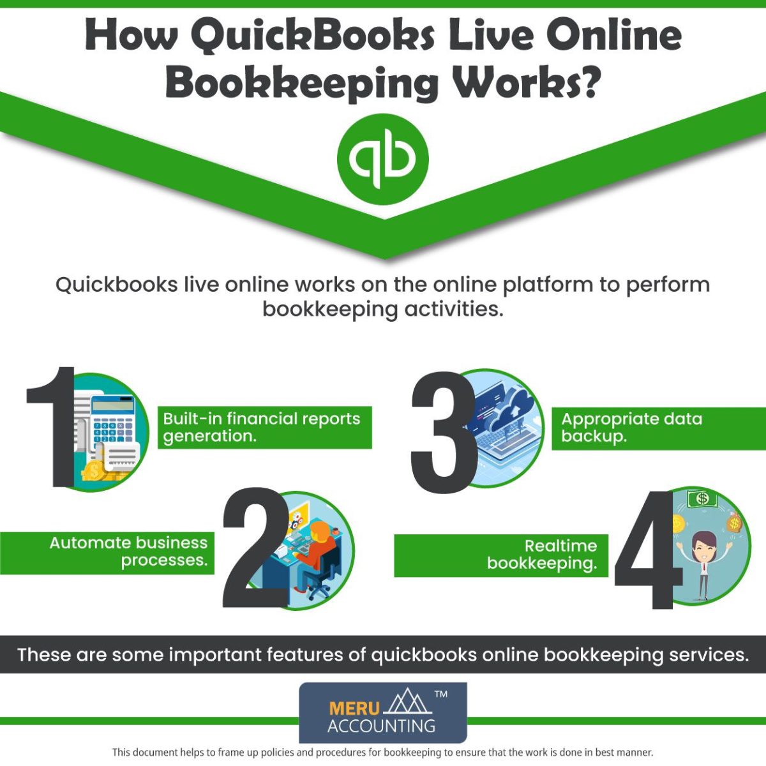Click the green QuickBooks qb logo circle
coord(383,159)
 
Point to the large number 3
coord(442,434)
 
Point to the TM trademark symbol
coord(440,695)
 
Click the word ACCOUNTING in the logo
coord(382,726)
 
